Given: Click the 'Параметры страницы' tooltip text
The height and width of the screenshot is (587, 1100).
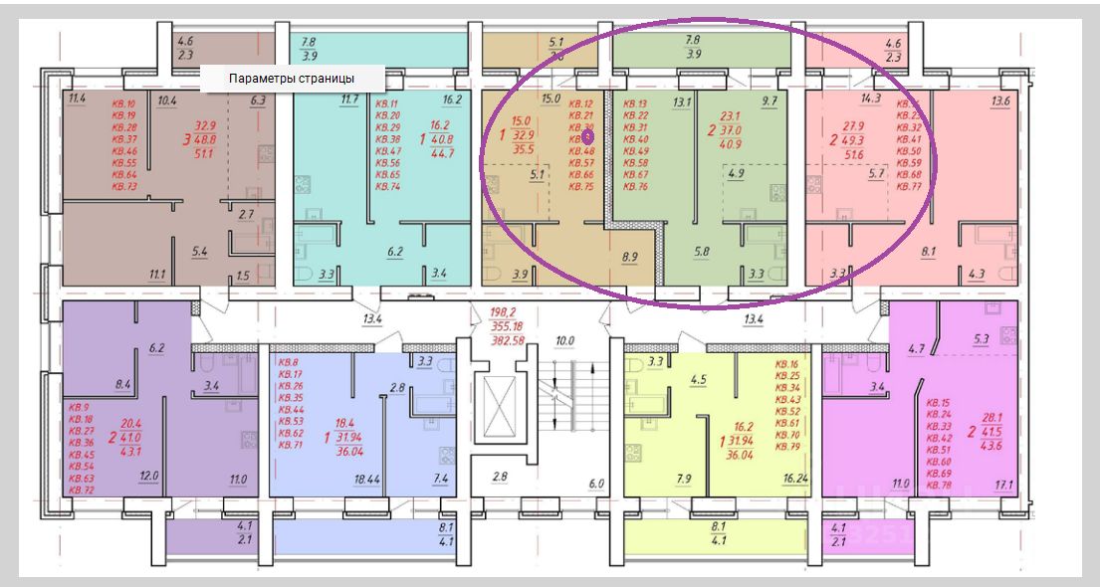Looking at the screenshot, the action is point(292,79).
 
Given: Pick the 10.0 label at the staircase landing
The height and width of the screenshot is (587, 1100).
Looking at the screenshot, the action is point(565,341).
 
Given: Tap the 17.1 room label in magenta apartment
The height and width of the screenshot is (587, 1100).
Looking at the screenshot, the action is point(1004,487).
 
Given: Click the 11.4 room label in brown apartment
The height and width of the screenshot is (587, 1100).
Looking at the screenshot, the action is point(78,99).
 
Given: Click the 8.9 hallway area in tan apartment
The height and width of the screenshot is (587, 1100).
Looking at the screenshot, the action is point(630,258).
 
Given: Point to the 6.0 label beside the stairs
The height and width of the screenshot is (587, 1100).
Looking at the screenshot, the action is point(597,484).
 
